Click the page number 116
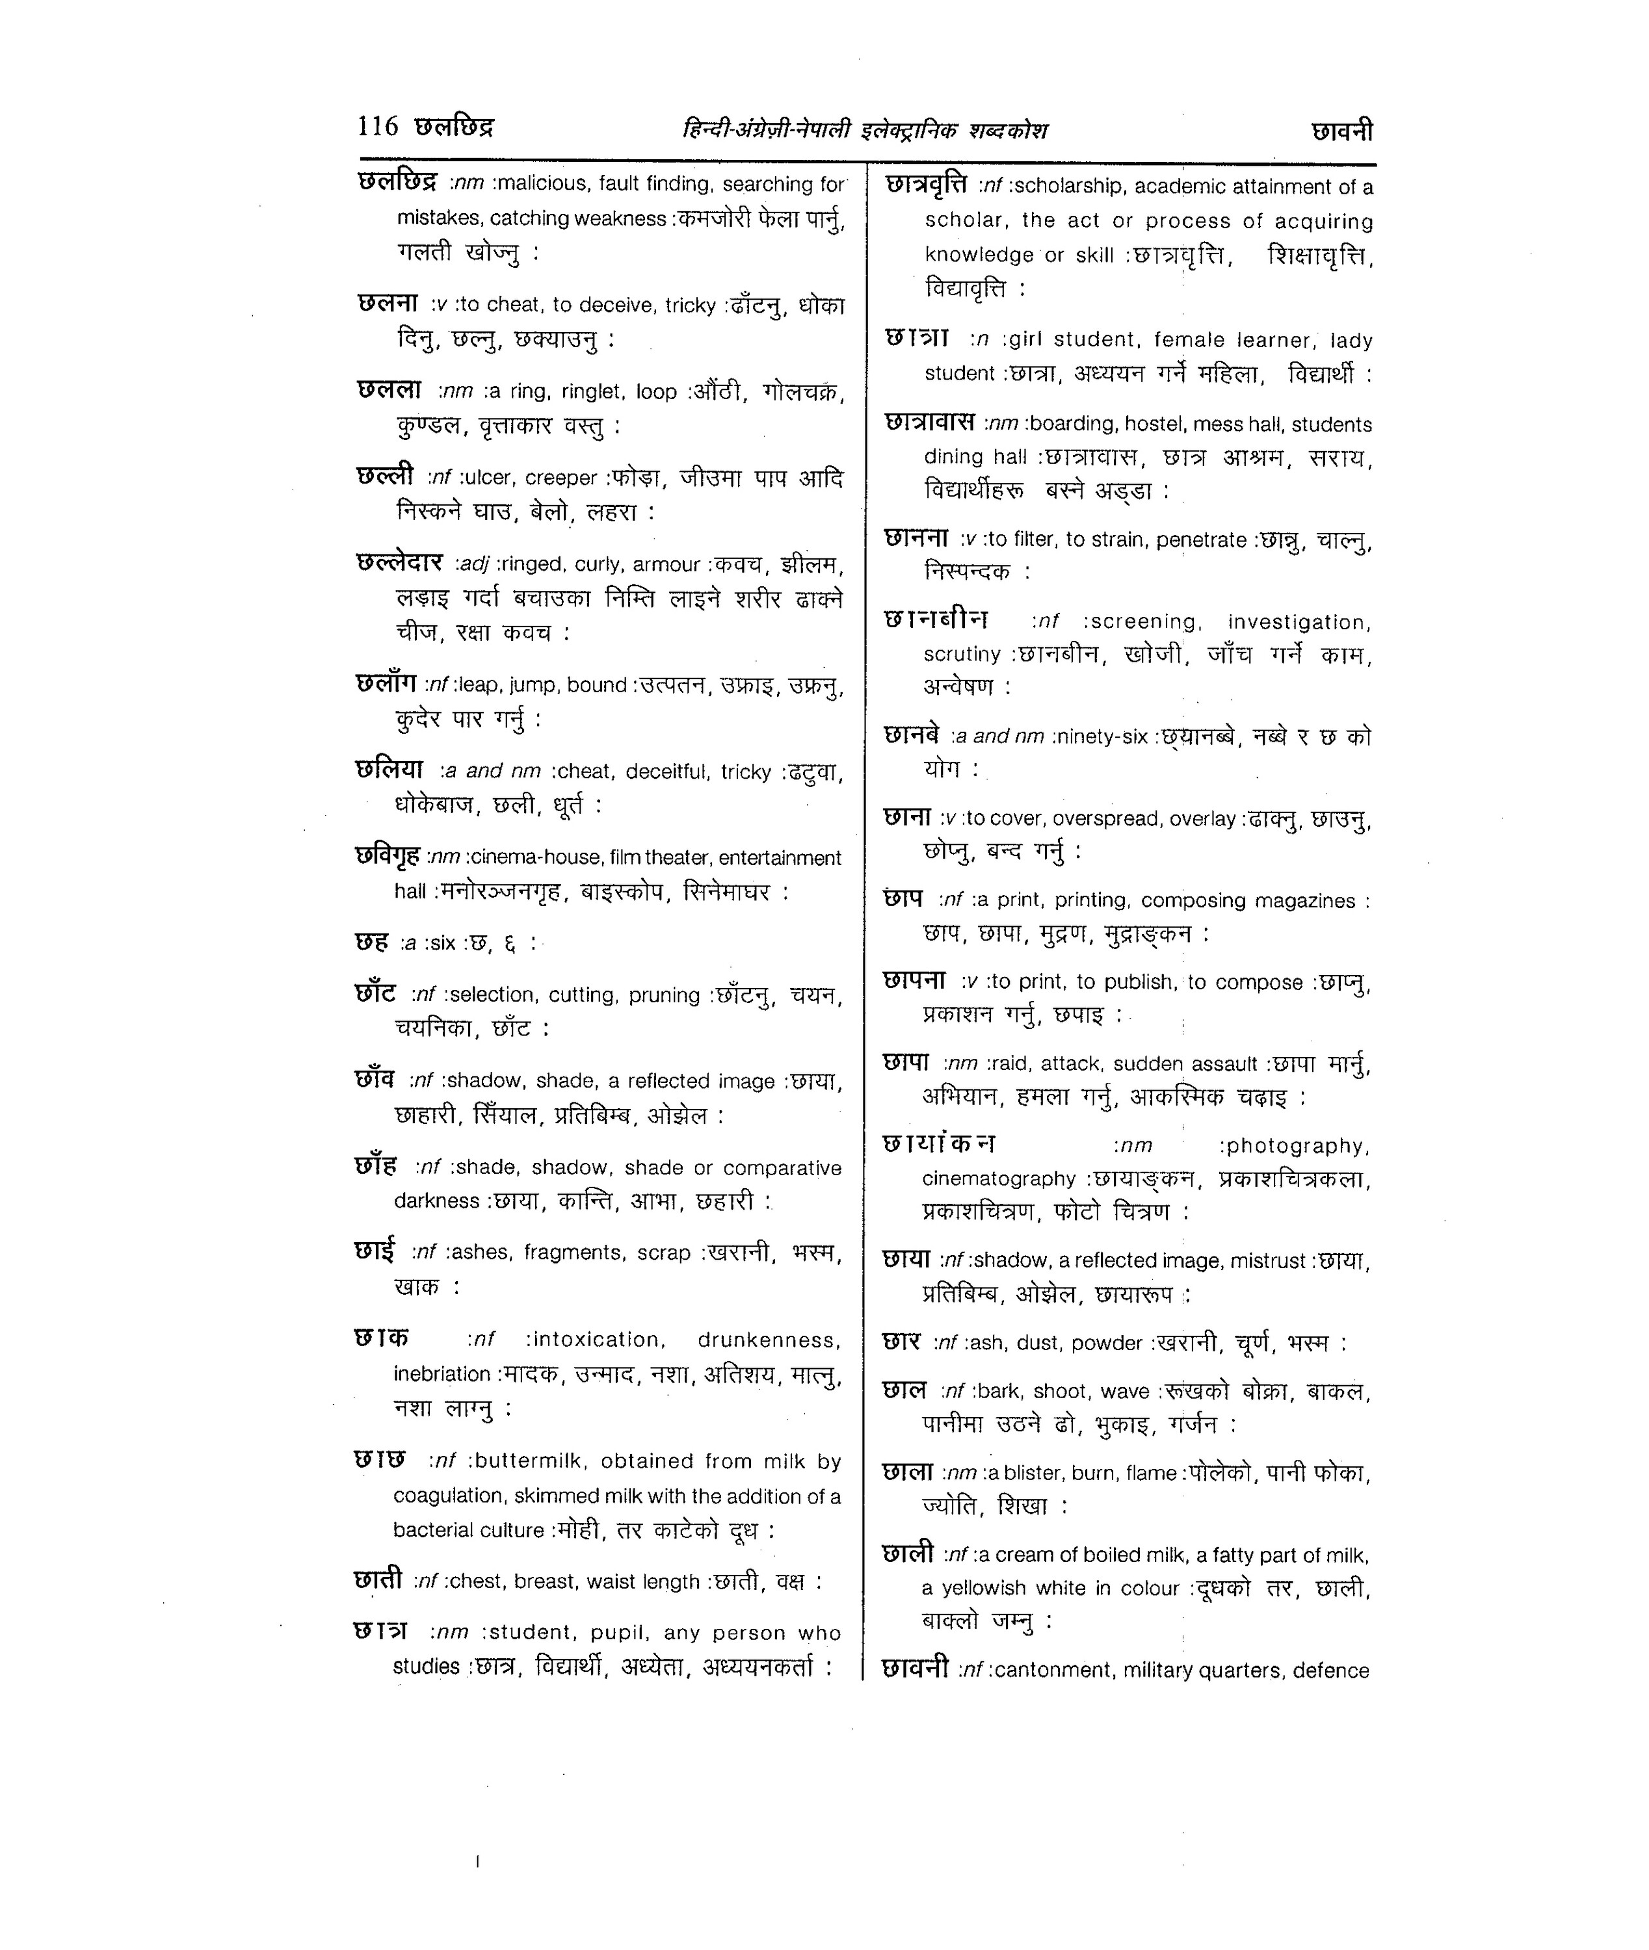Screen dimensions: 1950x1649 pos(378,125)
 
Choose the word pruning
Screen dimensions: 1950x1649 pos(664,995)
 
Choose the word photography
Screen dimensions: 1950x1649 pos(1299,1147)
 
